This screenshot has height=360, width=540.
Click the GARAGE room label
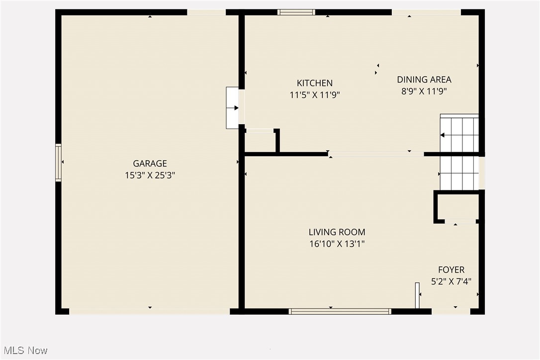(150, 163)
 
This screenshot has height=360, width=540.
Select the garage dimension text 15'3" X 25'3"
(150, 175)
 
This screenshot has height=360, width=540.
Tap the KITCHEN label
(315, 83)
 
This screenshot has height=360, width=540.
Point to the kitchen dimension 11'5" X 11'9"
(315, 95)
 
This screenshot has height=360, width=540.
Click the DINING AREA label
(424, 79)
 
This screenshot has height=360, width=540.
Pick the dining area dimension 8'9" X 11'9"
(424, 91)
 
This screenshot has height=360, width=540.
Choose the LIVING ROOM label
(337, 232)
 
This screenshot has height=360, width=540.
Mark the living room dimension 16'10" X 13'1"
(337, 244)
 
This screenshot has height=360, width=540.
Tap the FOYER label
(451, 270)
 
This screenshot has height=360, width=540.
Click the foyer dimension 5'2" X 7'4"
(451, 281)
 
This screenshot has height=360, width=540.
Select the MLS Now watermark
(24, 351)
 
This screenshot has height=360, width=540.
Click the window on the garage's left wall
(58, 163)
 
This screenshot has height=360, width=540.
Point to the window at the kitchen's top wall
(296, 12)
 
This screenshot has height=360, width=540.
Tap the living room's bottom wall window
(340, 311)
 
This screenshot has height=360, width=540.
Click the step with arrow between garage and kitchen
(233, 108)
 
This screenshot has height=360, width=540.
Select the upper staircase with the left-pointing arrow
(459, 134)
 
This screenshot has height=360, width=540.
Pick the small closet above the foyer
(457, 206)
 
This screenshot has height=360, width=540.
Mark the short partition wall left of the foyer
(417, 295)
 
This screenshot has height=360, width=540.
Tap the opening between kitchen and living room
(376, 154)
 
